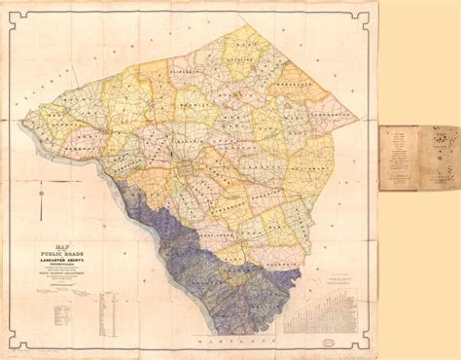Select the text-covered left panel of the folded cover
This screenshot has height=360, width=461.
pyautogui.click(x=398, y=158)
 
